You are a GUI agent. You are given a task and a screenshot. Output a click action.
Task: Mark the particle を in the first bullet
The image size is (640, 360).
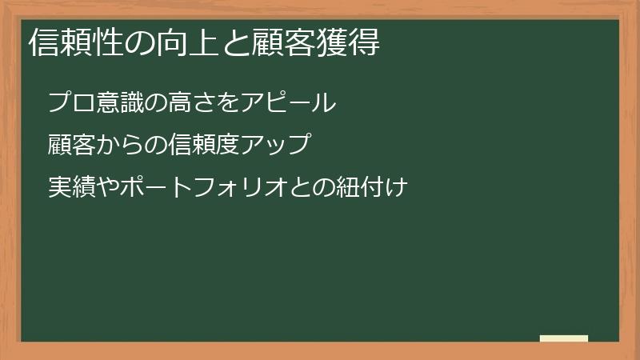tap(222, 103)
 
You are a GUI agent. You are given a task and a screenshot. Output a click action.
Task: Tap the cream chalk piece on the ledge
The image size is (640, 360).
tap(563, 338)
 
